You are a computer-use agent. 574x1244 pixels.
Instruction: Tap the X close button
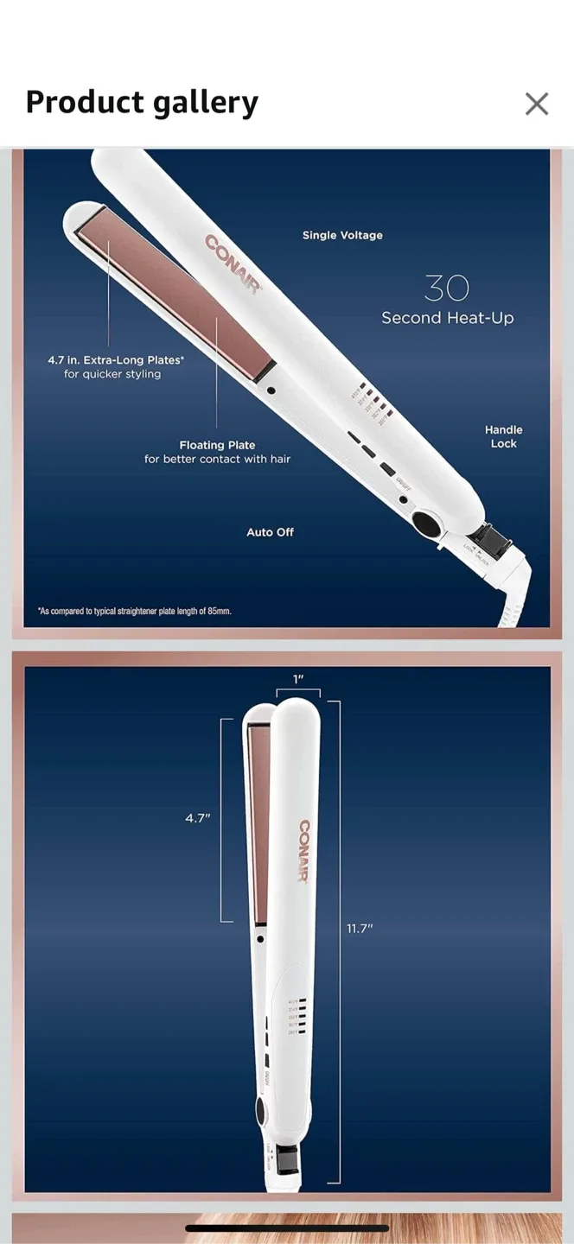click(537, 104)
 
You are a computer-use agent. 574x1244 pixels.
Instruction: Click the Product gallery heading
click(142, 103)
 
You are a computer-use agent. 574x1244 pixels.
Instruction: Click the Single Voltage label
click(342, 235)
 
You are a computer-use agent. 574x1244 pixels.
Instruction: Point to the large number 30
click(447, 288)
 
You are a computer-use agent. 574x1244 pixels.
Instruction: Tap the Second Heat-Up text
click(447, 318)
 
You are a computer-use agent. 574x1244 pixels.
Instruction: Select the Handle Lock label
click(503, 436)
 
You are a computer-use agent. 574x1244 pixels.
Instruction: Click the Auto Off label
click(270, 532)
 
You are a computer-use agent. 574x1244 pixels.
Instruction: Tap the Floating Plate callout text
click(217, 452)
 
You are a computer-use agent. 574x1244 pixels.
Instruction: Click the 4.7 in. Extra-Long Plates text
click(116, 366)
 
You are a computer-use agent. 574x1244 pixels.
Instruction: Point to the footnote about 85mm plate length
click(135, 611)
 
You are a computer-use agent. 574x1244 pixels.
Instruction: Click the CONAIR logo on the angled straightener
click(233, 264)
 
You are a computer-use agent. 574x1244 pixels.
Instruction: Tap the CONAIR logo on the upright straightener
click(304, 851)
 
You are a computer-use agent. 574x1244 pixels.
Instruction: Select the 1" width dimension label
click(298, 679)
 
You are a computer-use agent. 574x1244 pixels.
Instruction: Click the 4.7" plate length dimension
click(198, 817)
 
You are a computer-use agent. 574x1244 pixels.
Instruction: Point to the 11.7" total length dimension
click(360, 928)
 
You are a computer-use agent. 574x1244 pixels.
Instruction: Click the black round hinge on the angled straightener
click(426, 523)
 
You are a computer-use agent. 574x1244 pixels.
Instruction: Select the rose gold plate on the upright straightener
click(258, 821)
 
